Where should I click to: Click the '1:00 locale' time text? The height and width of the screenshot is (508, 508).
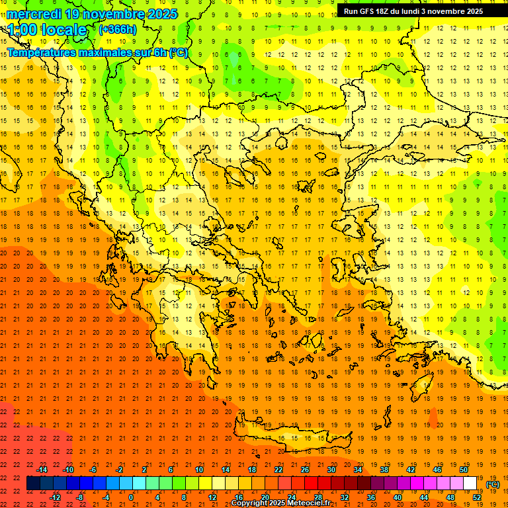(47, 30)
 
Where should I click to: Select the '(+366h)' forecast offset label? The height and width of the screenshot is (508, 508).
(117, 29)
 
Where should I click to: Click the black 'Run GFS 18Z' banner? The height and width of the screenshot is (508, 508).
(413, 11)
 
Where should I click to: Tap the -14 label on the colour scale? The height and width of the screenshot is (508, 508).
(42, 470)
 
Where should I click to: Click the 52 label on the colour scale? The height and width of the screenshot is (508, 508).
(477, 497)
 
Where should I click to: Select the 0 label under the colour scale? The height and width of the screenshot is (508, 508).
(130, 497)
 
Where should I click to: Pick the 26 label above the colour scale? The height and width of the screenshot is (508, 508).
(305, 470)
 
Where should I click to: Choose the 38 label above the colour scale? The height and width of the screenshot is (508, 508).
(384, 470)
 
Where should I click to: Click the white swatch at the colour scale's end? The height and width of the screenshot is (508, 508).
(470, 484)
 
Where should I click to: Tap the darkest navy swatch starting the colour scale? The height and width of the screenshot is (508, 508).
(34, 484)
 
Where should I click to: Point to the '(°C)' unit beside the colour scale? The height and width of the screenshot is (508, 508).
(493, 484)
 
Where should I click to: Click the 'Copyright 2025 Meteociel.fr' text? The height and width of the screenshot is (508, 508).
(280, 503)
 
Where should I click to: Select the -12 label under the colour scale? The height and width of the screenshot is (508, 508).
(56, 497)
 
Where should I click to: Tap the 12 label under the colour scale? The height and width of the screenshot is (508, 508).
(213, 497)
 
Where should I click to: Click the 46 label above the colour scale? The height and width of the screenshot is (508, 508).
(437, 470)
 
